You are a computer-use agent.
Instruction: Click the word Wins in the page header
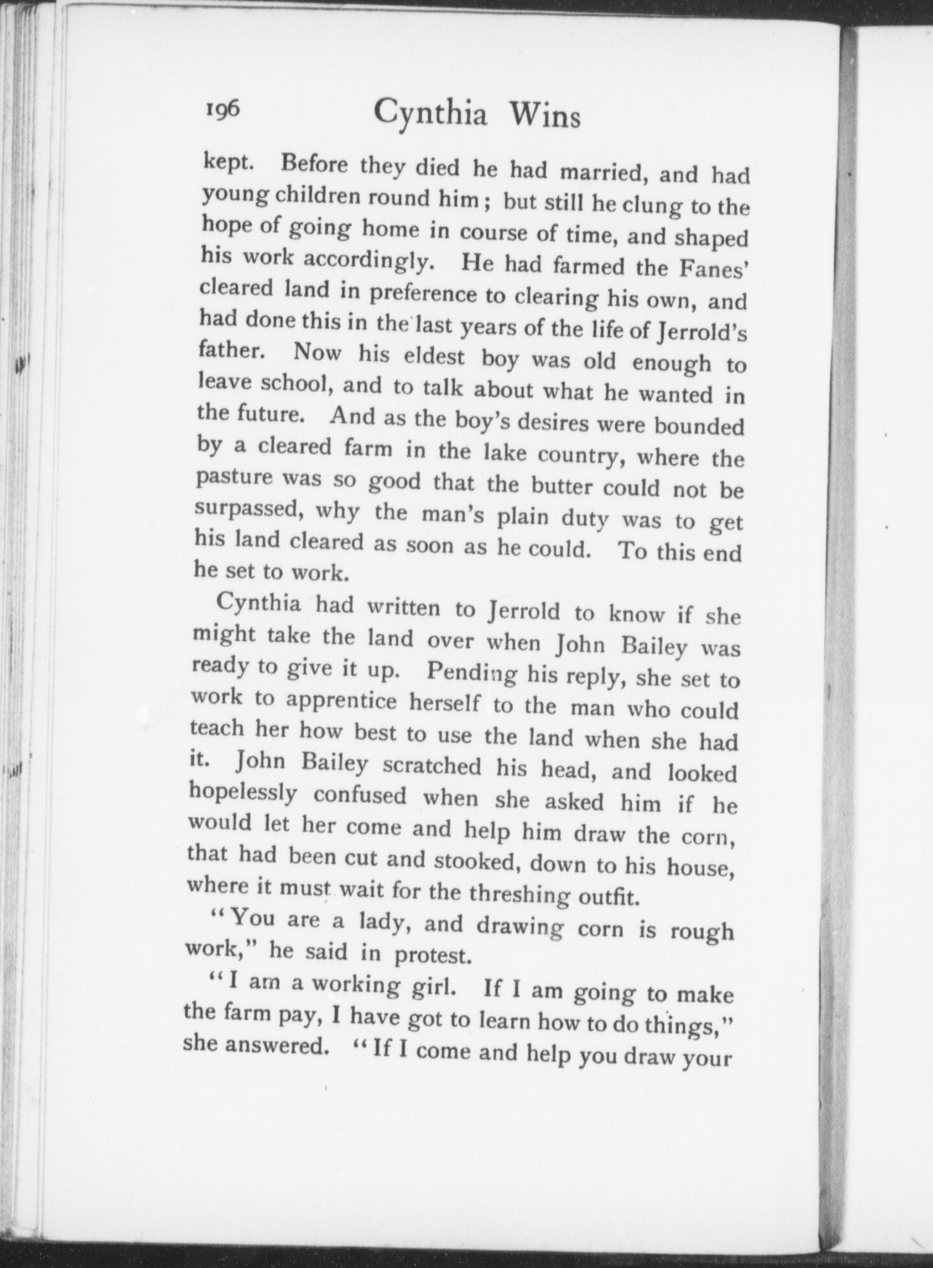click(544, 117)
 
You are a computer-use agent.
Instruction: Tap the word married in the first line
click(611, 172)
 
